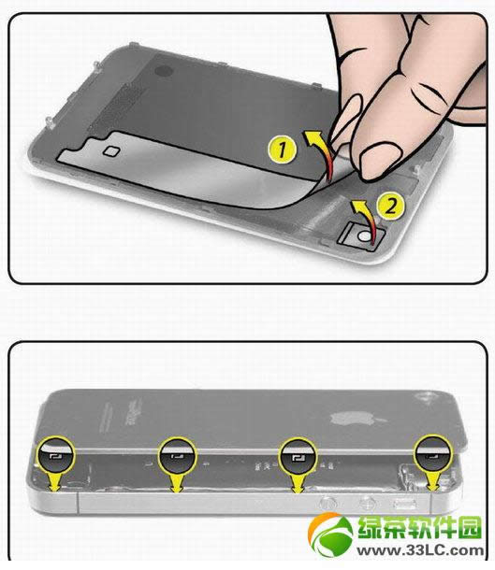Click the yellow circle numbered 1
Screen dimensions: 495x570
click(282, 150)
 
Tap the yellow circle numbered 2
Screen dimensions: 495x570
click(390, 206)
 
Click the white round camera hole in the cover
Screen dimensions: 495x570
click(364, 236)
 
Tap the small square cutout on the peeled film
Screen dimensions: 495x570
click(111, 150)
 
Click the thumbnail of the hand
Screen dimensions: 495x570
click(380, 159)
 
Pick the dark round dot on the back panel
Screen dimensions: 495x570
click(164, 70)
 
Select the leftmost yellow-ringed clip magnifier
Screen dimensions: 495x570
click(56, 454)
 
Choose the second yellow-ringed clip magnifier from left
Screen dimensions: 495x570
click(177, 455)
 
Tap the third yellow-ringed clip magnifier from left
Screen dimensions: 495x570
click(298, 455)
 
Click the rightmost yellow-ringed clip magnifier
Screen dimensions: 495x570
click(433, 454)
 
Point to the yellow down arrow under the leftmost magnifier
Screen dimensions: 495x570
click(56, 482)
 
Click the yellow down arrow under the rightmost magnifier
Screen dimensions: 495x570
click(433, 481)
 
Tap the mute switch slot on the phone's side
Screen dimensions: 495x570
click(405, 505)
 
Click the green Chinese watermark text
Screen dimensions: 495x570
click(419, 527)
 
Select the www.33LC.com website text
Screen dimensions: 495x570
click(420, 551)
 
